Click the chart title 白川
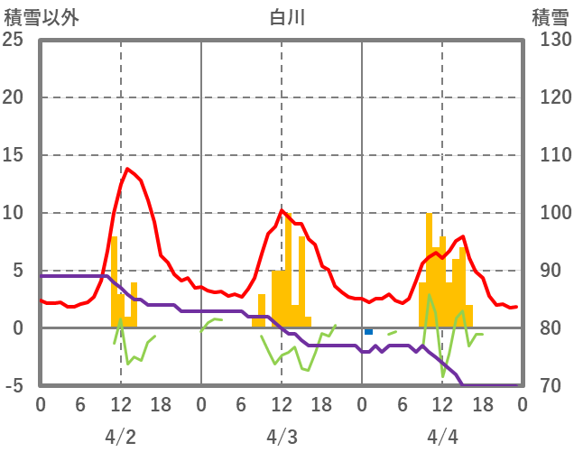click(x=287, y=17)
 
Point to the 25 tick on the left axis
click(x=13, y=40)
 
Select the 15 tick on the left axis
click(x=13, y=155)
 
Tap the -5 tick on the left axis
click(x=13, y=386)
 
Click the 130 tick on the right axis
click(x=550, y=40)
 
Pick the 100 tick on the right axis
click(x=550, y=213)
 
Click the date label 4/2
click(x=120, y=437)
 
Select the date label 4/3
click(x=282, y=437)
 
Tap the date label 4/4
click(x=442, y=437)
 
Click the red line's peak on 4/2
click(x=127, y=169)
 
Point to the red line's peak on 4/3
click(x=282, y=210)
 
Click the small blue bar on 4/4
click(x=368, y=332)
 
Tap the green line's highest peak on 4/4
click(x=430, y=295)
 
